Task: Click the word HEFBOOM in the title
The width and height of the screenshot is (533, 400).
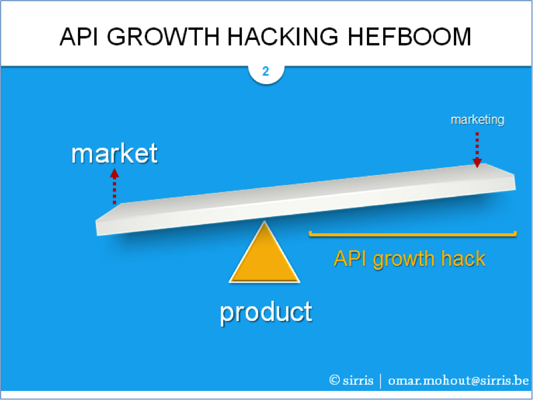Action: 409,36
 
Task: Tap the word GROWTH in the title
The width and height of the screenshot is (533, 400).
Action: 163,36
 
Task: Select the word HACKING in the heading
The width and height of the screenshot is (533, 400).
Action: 283,36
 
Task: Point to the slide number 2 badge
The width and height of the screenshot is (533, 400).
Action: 266,71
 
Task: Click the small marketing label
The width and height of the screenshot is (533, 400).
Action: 477,119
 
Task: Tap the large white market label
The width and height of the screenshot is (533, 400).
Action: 114,154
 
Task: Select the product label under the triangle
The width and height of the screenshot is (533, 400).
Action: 266,312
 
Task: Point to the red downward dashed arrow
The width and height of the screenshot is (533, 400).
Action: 477,150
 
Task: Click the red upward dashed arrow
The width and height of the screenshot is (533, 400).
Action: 114,186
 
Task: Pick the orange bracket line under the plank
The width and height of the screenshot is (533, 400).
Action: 413,234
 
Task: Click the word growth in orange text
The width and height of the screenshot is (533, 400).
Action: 404,260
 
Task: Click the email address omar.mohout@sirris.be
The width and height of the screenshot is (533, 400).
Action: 458,380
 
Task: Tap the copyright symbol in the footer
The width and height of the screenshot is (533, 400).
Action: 334,380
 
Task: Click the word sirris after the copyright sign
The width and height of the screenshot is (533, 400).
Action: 358,380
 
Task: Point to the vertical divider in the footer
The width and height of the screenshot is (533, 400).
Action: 380,380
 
